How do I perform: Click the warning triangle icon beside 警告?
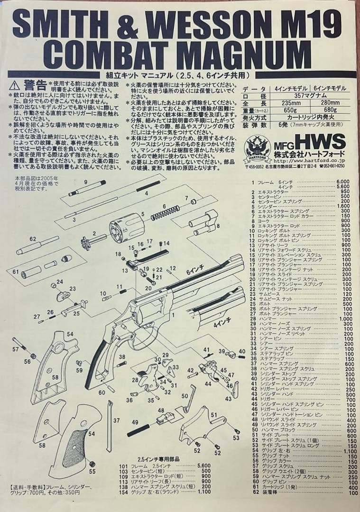pos(14,85)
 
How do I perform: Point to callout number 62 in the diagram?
pos(33,239)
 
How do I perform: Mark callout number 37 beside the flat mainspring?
pos(116,420)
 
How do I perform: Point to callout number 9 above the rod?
pos(86,182)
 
